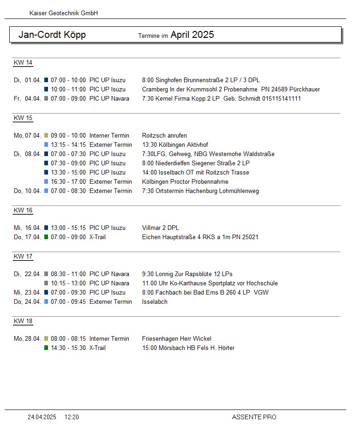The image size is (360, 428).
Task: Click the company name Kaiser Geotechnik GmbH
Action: [x=64, y=13]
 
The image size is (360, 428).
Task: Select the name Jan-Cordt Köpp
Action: [x=52, y=35]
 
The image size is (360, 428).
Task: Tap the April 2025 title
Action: [x=192, y=35]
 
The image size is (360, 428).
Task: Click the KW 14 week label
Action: [x=23, y=63]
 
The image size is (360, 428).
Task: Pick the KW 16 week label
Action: [x=23, y=211]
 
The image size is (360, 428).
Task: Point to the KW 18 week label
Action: [x=23, y=321]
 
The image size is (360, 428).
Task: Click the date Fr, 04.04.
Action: [x=27, y=98]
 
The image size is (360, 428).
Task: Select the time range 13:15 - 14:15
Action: [x=68, y=145]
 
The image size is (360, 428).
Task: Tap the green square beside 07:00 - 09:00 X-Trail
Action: [x=46, y=237]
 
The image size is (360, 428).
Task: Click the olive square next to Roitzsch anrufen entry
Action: [x=46, y=135]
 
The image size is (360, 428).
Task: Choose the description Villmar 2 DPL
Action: [x=161, y=228]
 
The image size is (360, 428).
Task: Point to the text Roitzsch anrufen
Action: [x=164, y=135]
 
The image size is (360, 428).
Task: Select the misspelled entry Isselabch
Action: [x=155, y=301]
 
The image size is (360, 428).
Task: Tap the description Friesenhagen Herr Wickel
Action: [x=177, y=338]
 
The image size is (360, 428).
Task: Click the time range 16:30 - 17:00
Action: [x=68, y=181]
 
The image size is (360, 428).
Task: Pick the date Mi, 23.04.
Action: [x=27, y=292]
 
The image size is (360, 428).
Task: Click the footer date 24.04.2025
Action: [x=42, y=417]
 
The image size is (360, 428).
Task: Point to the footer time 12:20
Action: [x=72, y=417]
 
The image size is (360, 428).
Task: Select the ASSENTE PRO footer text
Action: [x=254, y=417]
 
